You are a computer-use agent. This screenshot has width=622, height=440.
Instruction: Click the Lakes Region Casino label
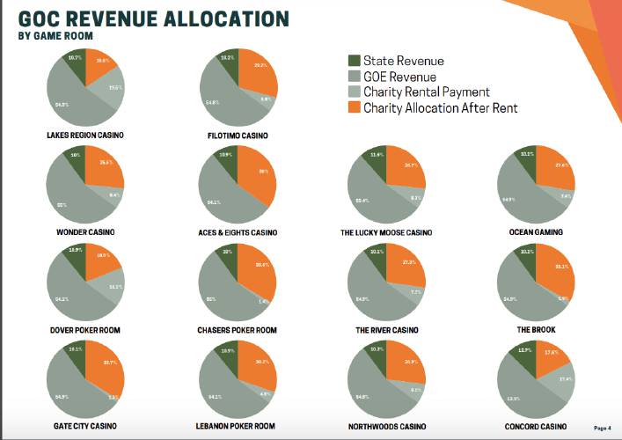[x=85, y=136]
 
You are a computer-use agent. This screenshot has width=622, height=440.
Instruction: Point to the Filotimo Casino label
[x=238, y=136]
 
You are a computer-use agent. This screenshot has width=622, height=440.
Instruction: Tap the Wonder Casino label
[x=85, y=232]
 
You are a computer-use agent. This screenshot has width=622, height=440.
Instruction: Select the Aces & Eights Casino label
[x=238, y=232]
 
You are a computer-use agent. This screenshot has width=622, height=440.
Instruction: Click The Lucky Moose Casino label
[x=387, y=232]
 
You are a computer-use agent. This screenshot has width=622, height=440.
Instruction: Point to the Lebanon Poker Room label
[x=238, y=426]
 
